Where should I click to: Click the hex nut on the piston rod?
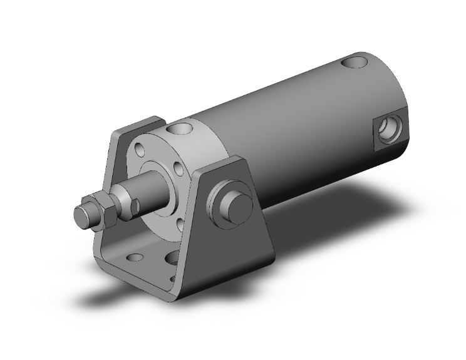coord(103,209)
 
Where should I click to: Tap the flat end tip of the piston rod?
coord(80,217)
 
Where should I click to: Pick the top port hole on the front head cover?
coord(182,130)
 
